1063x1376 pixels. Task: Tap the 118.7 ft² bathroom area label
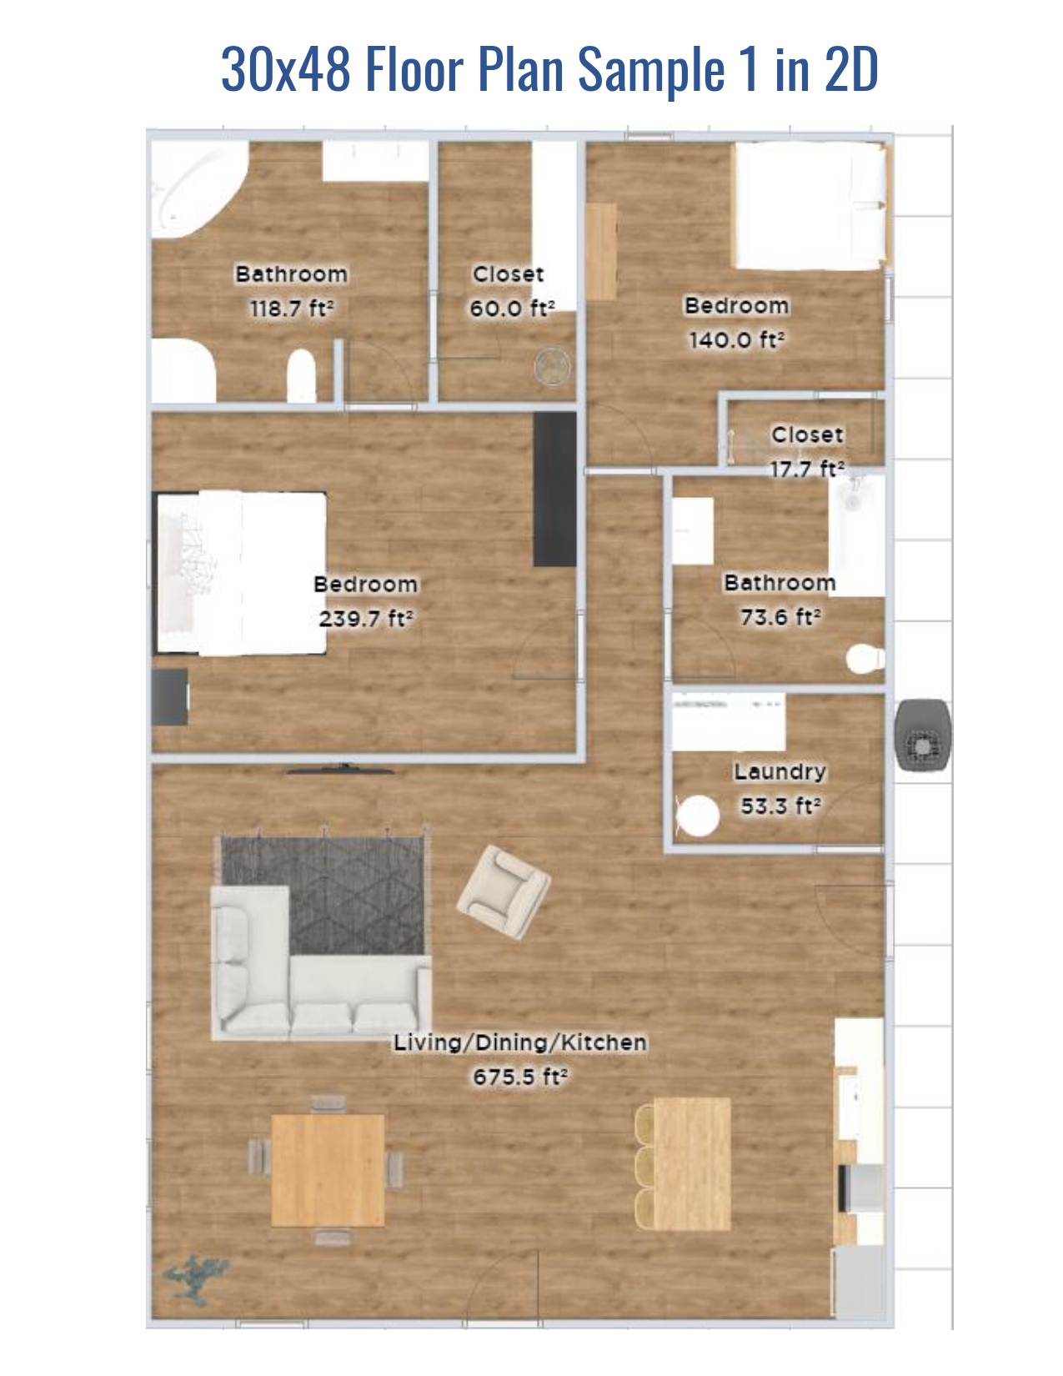(292, 309)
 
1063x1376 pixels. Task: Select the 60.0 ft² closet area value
(511, 309)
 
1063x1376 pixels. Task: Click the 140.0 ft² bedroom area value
(736, 340)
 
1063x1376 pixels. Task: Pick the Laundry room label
(780, 772)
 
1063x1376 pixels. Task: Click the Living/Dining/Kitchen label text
(520, 1042)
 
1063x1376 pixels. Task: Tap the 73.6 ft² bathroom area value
(780, 617)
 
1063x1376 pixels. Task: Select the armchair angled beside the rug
(503, 891)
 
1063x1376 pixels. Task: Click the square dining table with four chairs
(328, 1171)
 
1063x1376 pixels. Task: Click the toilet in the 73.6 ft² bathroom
(865, 659)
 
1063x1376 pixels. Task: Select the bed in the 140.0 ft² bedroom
(808, 206)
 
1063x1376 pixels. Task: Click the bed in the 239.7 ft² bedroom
(241, 573)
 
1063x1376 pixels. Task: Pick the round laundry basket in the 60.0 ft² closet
(552, 366)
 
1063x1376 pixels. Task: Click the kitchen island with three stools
(691, 1163)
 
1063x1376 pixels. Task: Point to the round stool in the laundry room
(697, 816)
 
